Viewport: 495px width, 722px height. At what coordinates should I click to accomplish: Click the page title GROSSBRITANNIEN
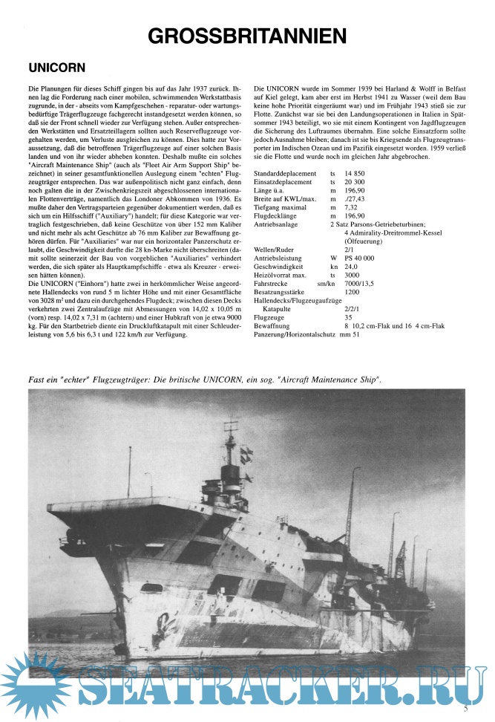point(247,35)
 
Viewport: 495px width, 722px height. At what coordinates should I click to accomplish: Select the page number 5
point(465,707)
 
